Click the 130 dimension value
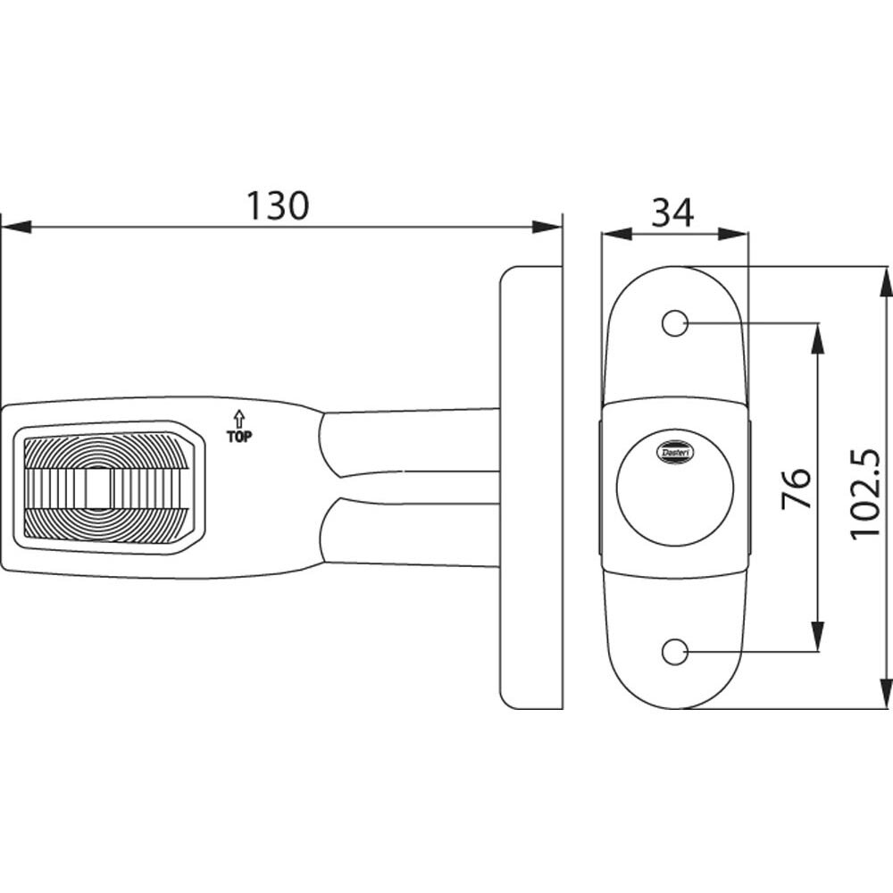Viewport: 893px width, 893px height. pos(278,206)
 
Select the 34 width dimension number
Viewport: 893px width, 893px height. pos(672,213)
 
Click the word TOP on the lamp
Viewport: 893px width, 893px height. pos(239,437)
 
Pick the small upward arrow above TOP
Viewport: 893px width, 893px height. pos(238,417)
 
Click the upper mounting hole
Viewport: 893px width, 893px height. pos(674,323)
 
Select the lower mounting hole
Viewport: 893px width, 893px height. pos(674,652)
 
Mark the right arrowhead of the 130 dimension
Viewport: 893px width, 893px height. pos(547,228)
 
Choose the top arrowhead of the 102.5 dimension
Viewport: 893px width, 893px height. pos(885,280)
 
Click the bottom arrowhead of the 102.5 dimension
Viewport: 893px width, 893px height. pos(885,694)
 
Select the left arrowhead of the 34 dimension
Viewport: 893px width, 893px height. pos(616,234)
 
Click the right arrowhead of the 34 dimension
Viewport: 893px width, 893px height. pos(733,234)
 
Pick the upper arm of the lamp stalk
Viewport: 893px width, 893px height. pos(411,441)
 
